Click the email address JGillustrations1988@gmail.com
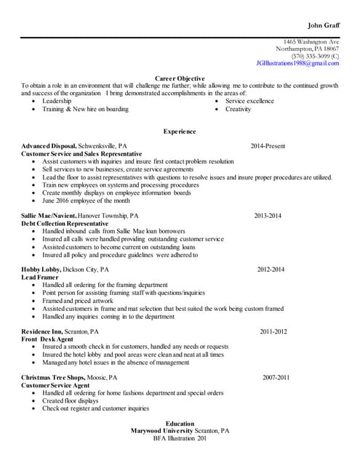click(297, 63)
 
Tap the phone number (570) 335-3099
click(311, 55)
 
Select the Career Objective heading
click(180, 78)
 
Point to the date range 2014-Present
click(268, 146)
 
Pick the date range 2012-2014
click(270, 270)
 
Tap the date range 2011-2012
click(273, 331)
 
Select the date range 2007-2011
click(276, 378)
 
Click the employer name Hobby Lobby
click(41, 270)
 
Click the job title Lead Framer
click(39, 278)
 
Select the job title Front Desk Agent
click(47, 339)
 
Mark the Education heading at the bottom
click(180, 424)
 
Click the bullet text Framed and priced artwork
click(78, 300)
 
